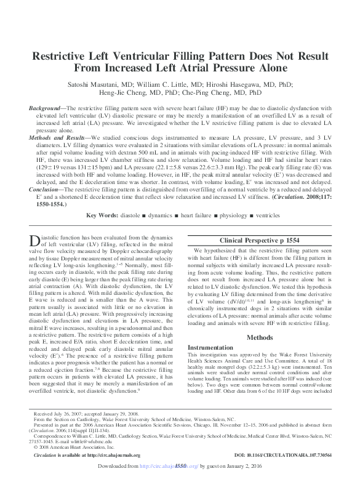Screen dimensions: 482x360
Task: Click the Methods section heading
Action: tap(259, 337)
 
